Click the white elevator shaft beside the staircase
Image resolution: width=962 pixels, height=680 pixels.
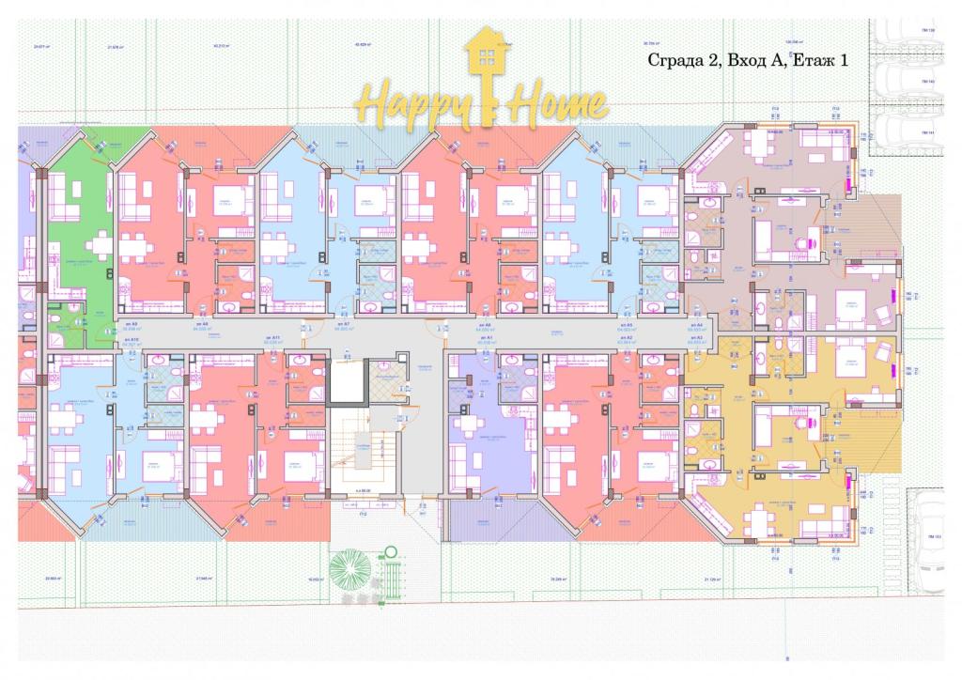(x=345, y=384)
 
